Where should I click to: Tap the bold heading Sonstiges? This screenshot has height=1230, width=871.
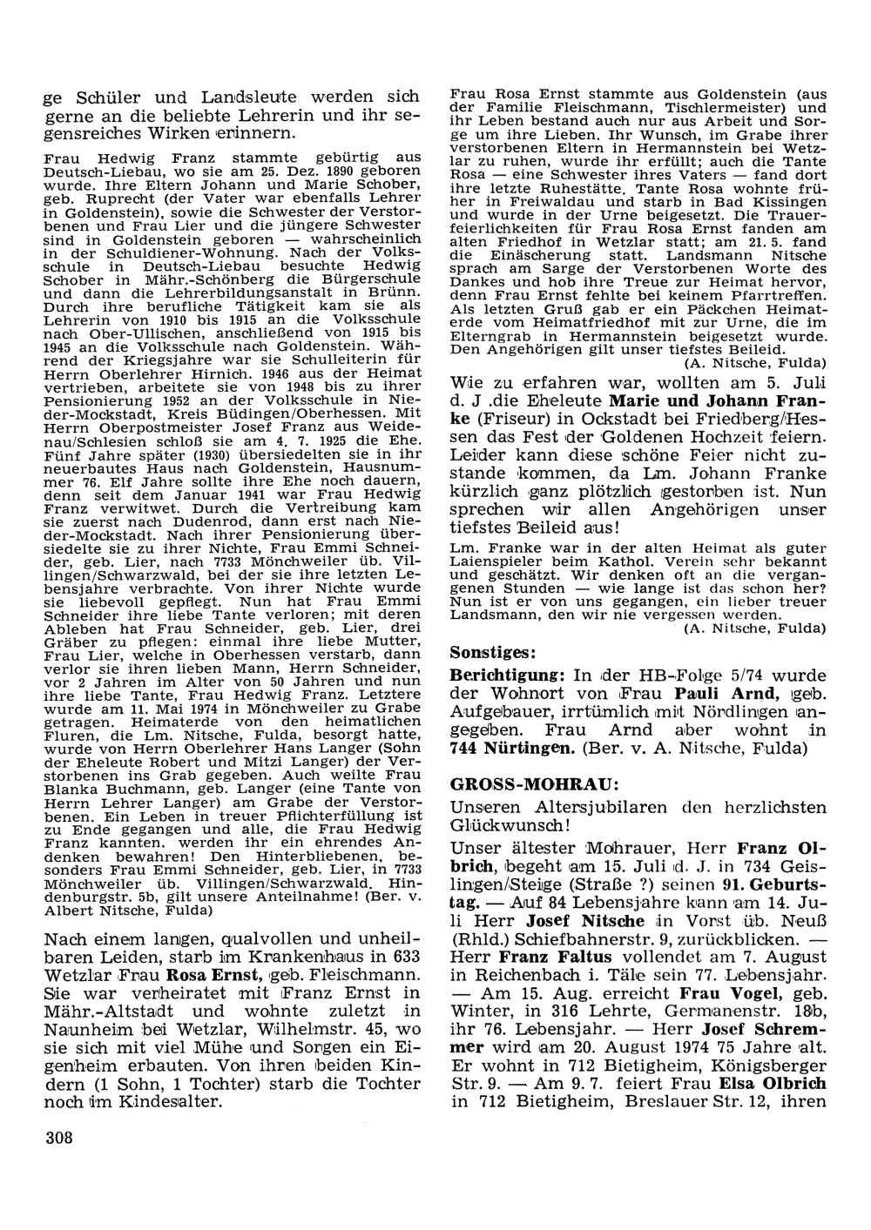492,651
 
